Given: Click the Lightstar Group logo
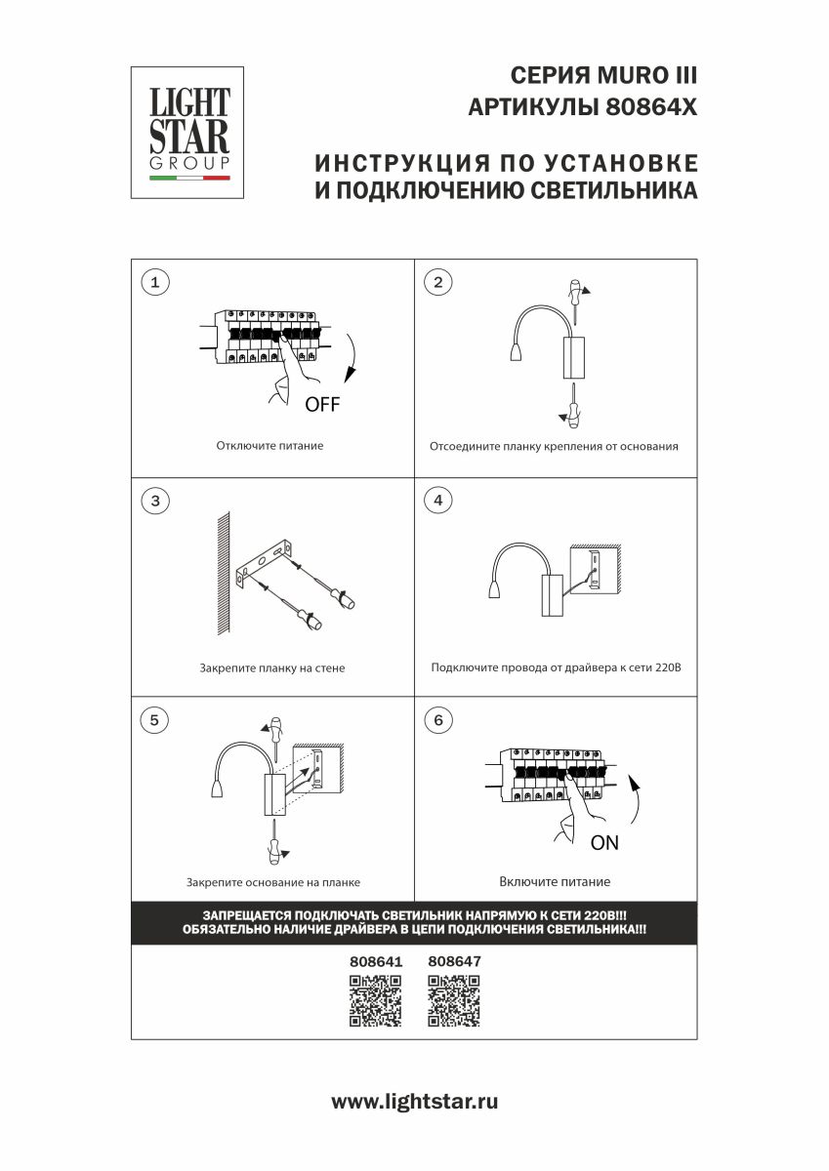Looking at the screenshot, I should (187, 132).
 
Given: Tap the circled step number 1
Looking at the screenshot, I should (154, 282).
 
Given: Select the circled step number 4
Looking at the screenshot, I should (437, 501).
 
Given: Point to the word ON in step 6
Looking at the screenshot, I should (604, 843).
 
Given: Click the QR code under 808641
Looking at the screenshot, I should (375, 1001).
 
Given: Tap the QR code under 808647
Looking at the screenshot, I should (454, 1001).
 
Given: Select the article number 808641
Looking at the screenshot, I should (376, 961).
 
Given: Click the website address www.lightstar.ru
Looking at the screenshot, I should (415, 1102).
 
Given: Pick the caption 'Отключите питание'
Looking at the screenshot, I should (269, 446).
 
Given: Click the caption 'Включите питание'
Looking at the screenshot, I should (555, 882).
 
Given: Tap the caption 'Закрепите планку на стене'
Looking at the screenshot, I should (271, 669).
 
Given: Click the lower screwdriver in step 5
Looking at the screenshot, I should (276, 840).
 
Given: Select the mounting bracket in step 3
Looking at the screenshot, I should (264, 564).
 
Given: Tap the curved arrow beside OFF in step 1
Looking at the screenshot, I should (352, 361).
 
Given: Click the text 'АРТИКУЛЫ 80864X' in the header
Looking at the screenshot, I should (583, 107).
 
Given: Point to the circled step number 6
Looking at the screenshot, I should (437, 720).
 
